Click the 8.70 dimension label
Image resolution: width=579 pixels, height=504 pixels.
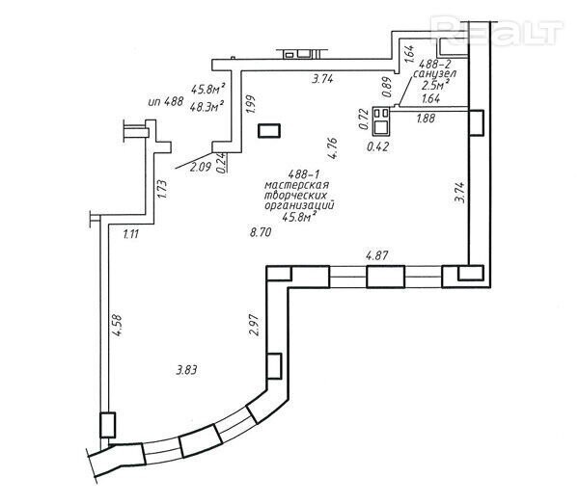(x=261, y=232)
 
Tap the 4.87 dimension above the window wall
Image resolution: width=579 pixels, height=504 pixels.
(x=377, y=255)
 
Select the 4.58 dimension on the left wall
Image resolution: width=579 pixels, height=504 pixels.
(x=117, y=325)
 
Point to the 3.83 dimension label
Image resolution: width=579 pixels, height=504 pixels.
(x=186, y=370)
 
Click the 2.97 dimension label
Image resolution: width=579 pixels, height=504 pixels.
(x=254, y=325)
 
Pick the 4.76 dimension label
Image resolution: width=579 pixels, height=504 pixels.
(x=332, y=147)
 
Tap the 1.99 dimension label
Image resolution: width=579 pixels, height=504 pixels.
(x=250, y=105)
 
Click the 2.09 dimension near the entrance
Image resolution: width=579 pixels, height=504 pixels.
(x=200, y=167)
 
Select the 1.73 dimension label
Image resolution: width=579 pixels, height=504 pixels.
(x=163, y=189)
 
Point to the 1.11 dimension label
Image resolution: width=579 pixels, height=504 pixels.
(x=131, y=234)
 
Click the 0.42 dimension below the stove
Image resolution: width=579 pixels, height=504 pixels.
(x=377, y=146)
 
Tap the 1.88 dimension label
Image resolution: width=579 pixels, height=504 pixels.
(x=426, y=119)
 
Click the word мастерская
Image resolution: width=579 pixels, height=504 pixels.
(x=297, y=185)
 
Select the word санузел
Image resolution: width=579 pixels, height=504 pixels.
(x=434, y=74)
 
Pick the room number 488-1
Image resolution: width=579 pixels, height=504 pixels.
(x=303, y=174)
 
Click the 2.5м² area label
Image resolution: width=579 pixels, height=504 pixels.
(x=435, y=85)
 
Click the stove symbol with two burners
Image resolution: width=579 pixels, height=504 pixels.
(x=381, y=120)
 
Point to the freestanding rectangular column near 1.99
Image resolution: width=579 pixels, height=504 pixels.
(x=269, y=131)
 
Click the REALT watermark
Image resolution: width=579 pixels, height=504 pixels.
(x=499, y=30)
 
